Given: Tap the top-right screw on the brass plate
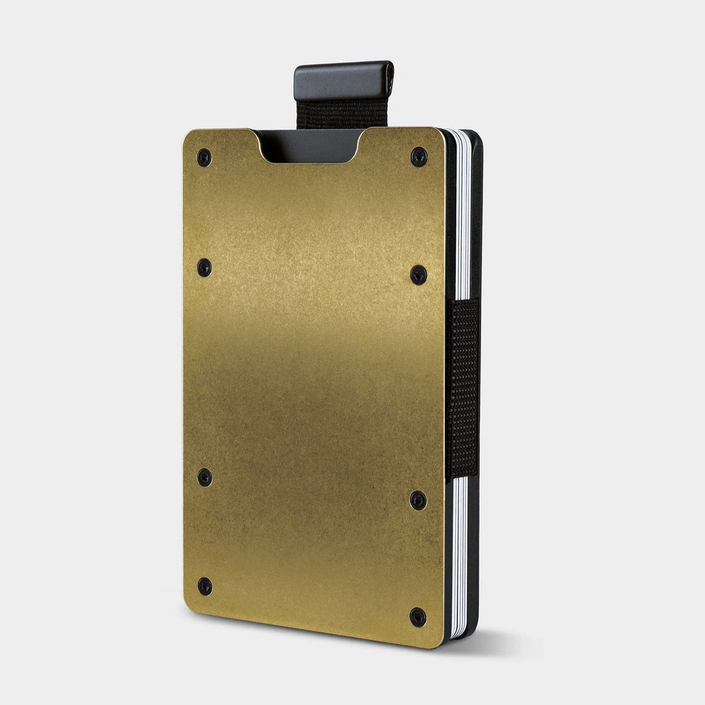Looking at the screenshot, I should [417, 155].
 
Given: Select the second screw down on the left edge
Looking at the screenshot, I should [204, 264].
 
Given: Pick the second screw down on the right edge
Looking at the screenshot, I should [418, 271].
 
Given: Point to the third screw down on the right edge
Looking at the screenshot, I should [418, 500].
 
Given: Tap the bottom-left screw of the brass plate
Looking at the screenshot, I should [204, 583].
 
